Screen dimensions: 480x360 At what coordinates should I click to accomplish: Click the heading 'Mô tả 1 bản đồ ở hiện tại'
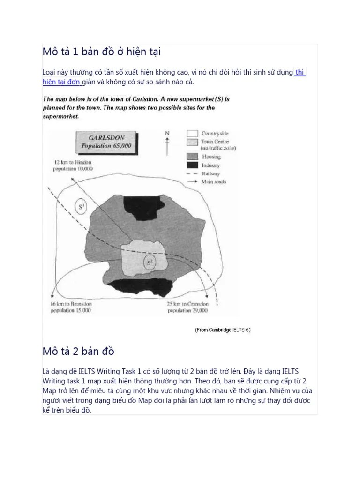pos(102,52)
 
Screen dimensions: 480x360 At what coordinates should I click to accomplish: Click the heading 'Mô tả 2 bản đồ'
pos(78,351)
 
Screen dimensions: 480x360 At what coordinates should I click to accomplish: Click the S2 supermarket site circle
pos(150,262)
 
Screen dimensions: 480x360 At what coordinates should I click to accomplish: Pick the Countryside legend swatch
pos(192,134)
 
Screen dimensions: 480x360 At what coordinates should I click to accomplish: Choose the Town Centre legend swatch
pos(192,142)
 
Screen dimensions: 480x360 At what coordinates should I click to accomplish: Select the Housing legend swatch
pos(192,157)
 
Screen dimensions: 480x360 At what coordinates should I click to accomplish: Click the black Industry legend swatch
pos(192,165)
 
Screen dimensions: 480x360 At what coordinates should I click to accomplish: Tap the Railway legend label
pos(211,173)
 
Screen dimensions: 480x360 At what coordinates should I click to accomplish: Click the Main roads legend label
pos(213,182)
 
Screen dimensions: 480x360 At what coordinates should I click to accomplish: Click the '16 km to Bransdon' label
pos(71,304)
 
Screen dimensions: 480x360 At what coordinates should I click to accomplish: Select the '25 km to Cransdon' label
pos(187,304)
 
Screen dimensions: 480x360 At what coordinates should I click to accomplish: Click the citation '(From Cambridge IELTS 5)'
pos(223,330)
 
